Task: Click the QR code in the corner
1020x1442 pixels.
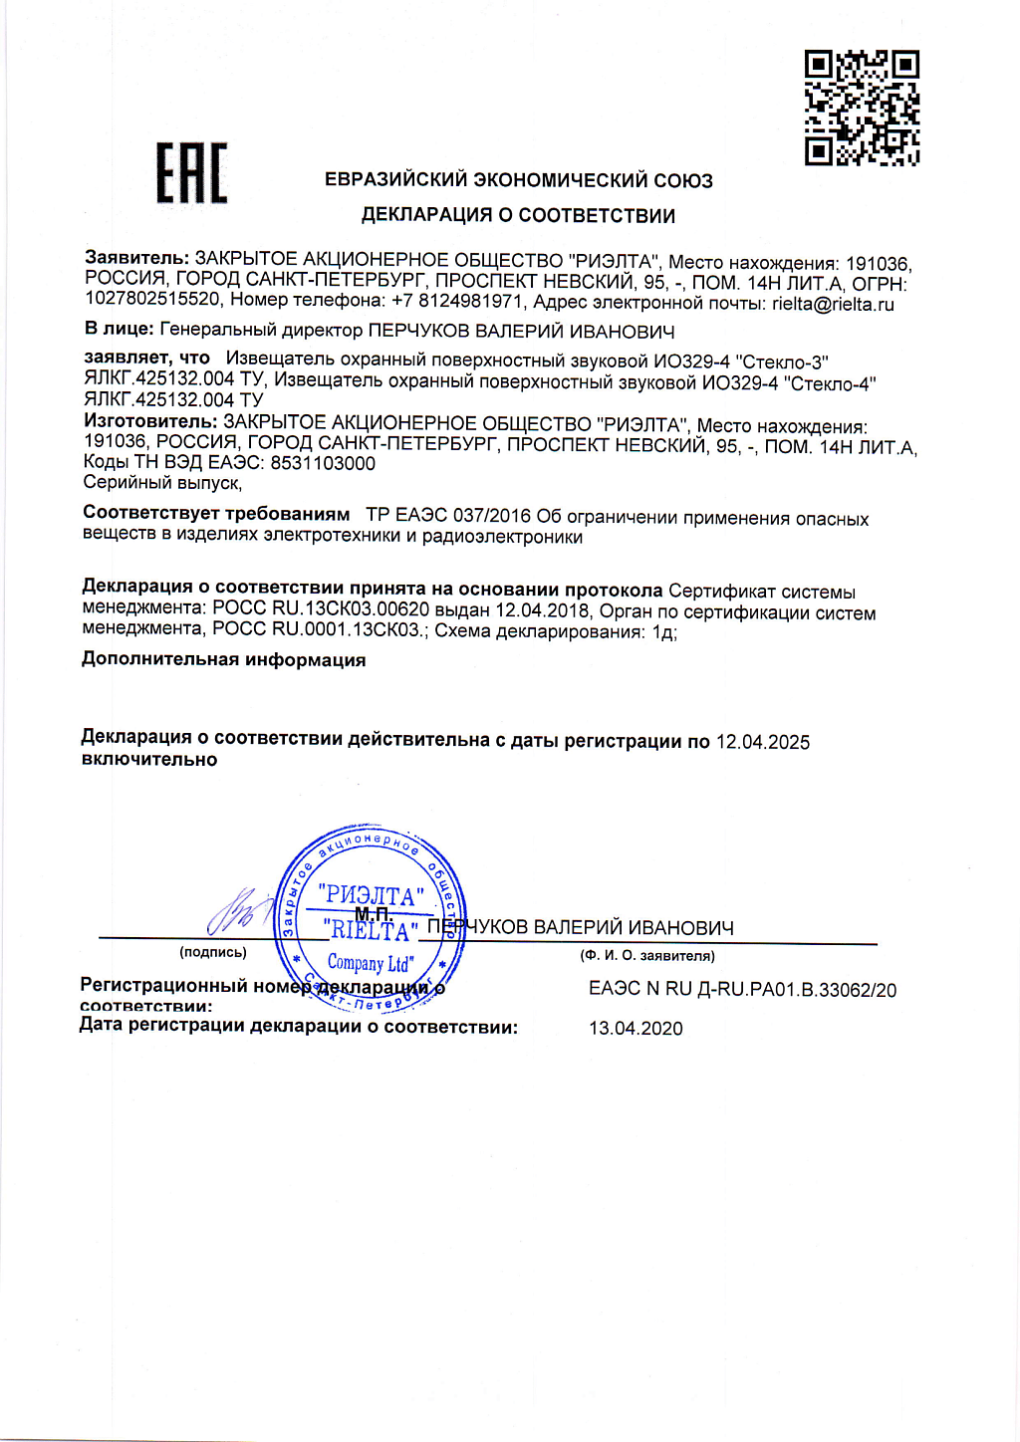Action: pos(862,108)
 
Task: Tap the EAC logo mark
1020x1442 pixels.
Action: pos(192,173)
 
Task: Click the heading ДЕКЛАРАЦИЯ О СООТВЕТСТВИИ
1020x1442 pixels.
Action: pos(518,215)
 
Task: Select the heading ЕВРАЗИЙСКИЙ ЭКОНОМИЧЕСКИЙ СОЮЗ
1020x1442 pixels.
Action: pos(519,180)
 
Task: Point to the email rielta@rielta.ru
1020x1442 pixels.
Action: pos(833,304)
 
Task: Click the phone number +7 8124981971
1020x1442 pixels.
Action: pos(457,301)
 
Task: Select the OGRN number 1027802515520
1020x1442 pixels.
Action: pos(152,299)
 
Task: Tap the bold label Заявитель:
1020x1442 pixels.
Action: pos(136,258)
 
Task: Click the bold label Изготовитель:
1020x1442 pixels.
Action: pos(149,421)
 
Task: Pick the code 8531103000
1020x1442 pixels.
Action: pos(323,463)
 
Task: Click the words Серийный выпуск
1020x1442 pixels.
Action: pos(161,483)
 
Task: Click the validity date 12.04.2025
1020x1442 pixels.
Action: pos(763,742)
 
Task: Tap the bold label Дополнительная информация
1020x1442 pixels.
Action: pos(223,659)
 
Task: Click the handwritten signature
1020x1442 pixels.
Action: pos(239,910)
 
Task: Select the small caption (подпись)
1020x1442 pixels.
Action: pos(213,952)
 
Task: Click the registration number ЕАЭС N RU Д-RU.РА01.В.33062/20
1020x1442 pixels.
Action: pos(742,990)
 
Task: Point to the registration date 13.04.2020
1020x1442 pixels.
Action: pos(636,1029)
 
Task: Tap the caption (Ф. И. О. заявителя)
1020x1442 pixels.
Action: pos(647,956)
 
